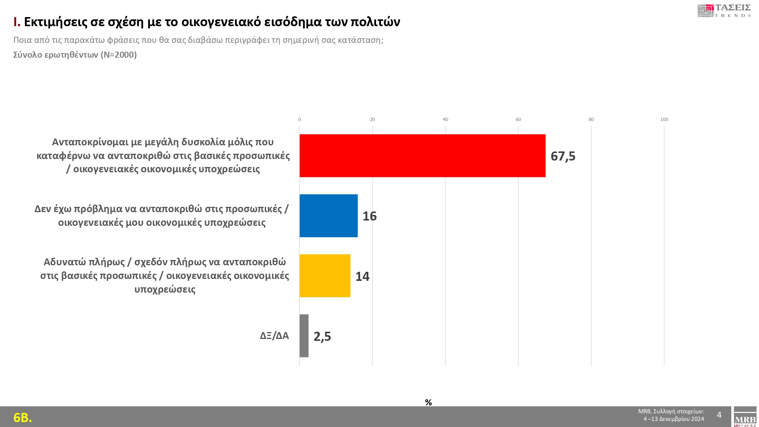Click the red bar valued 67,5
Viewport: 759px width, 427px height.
(422, 156)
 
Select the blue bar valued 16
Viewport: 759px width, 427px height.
(328, 216)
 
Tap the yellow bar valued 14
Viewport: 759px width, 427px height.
(325, 276)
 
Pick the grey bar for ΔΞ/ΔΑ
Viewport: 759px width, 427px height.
(304, 336)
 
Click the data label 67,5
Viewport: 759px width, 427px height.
(563, 156)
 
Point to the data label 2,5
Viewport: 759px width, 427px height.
(322, 336)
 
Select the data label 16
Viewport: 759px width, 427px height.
(370, 216)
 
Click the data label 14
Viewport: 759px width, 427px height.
(362, 276)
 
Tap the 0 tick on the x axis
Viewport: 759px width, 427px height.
(299, 120)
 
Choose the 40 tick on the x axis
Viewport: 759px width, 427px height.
(445, 120)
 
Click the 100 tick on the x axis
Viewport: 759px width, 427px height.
(664, 120)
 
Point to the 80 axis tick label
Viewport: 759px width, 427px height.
(591, 120)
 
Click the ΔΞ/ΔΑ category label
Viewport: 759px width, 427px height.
(274, 336)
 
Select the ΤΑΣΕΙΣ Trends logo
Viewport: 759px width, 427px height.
(724, 11)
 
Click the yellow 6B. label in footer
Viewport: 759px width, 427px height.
(23, 418)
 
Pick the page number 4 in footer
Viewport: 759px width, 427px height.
(719, 415)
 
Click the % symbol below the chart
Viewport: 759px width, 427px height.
(428, 402)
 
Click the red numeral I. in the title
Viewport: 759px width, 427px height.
(17, 22)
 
